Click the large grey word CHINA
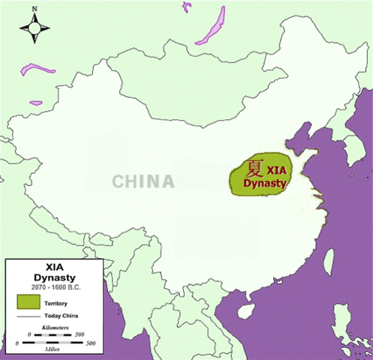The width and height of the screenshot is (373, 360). pos(143,181)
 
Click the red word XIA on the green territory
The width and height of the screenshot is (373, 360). pos(277,170)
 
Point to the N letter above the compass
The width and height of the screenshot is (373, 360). pos(35,10)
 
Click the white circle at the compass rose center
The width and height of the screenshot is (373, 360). pos(35,29)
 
